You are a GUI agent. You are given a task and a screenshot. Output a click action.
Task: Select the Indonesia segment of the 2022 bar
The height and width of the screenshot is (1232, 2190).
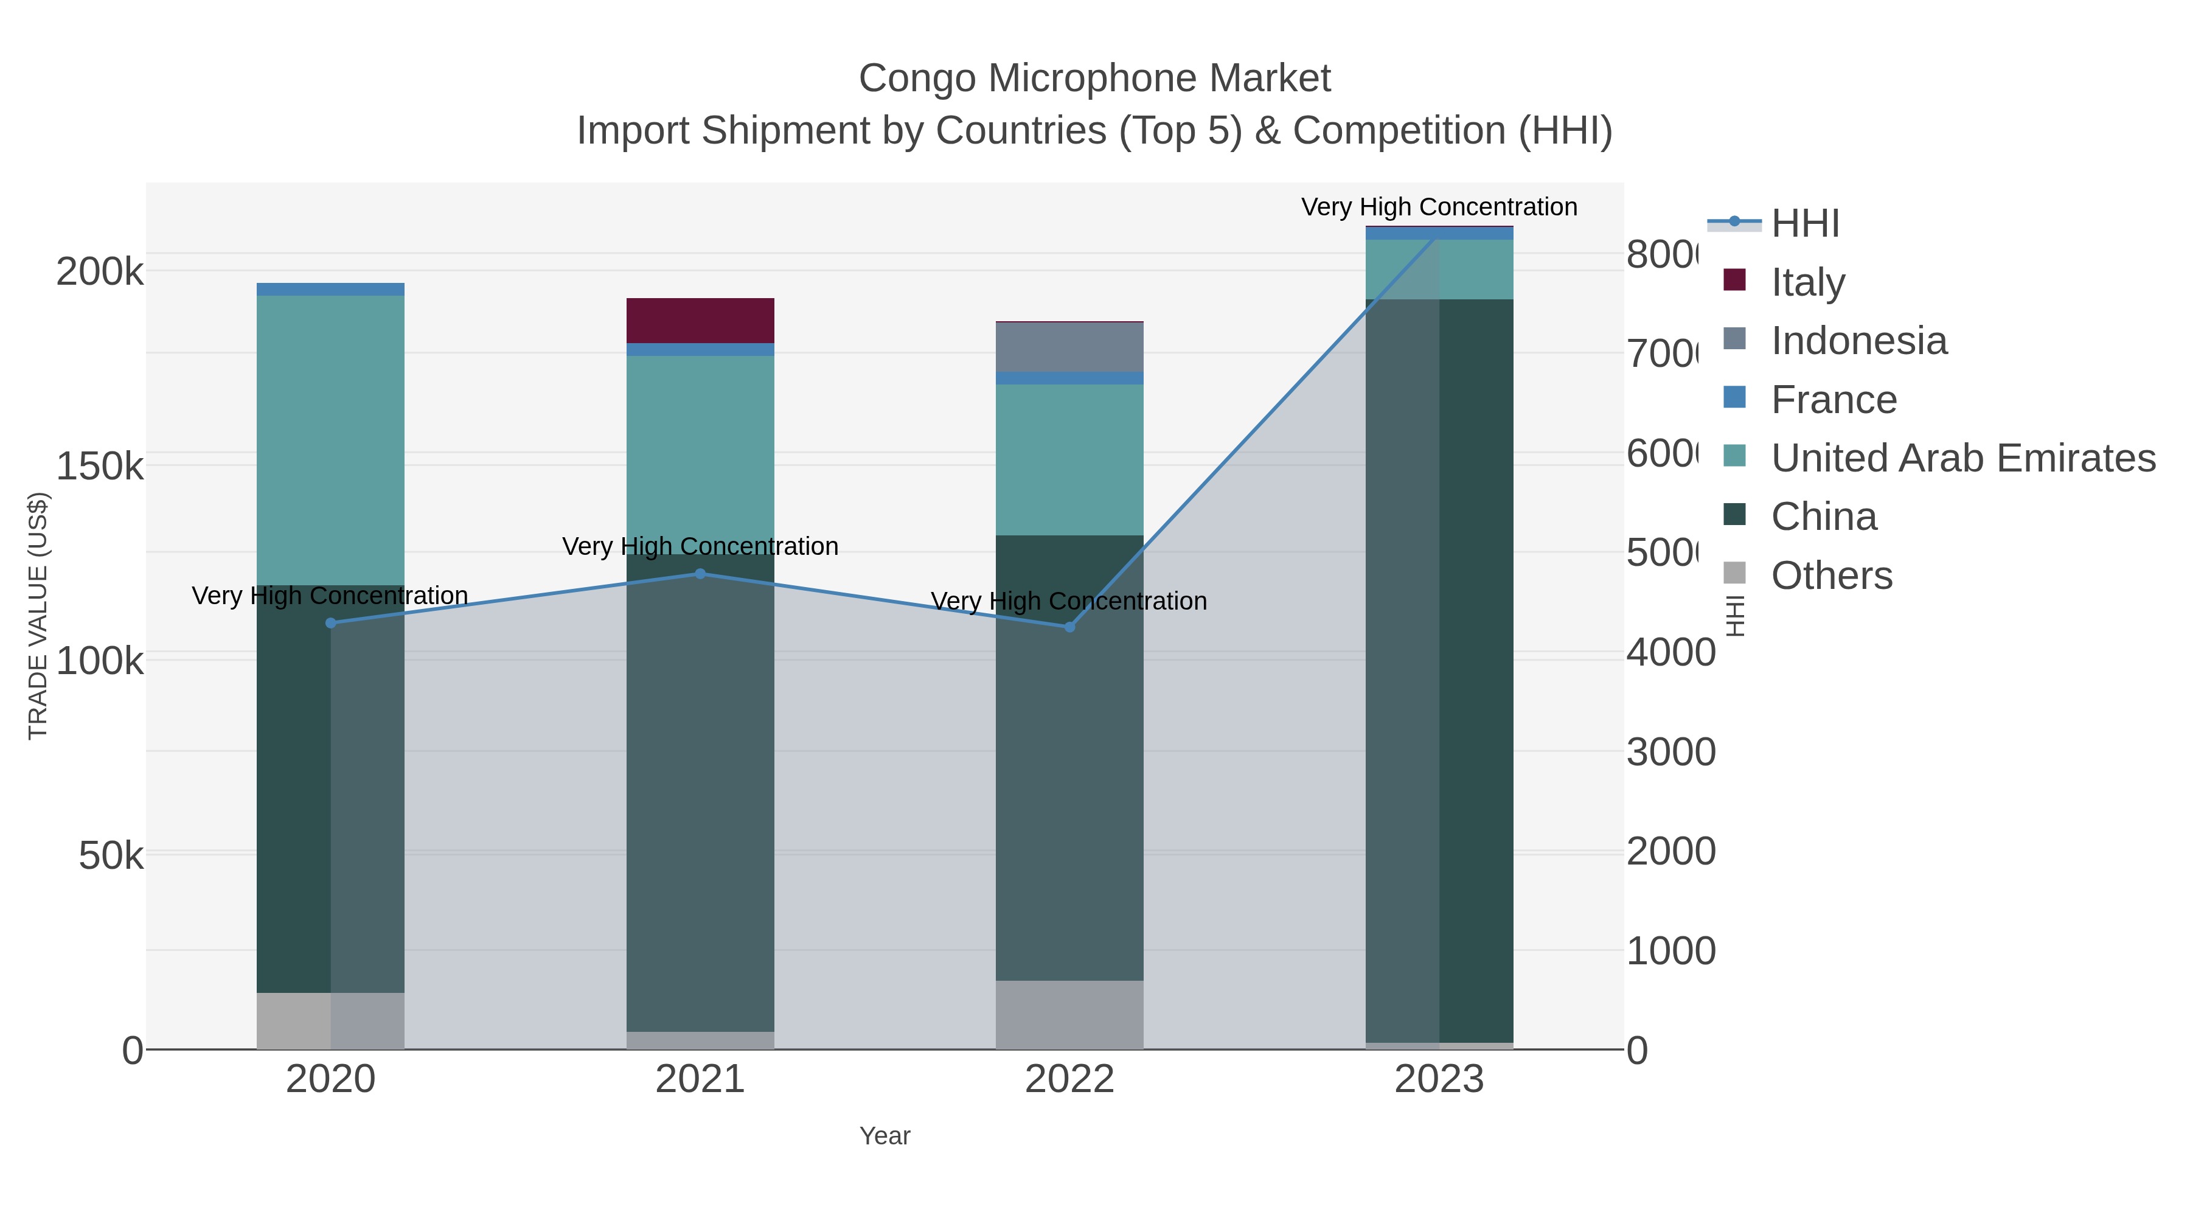pyautogui.click(x=1069, y=347)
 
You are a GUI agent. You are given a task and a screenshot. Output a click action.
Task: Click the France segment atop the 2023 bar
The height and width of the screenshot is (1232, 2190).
pyautogui.click(x=1439, y=233)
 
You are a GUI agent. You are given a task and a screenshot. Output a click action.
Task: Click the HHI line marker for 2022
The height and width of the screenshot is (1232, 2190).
pyautogui.click(x=1069, y=627)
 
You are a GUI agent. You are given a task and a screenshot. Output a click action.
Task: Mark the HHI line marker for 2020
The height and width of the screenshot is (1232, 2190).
pyautogui.click(x=331, y=623)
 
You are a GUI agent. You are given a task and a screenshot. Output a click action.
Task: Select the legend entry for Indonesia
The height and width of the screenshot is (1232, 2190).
pyautogui.click(x=1858, y=341)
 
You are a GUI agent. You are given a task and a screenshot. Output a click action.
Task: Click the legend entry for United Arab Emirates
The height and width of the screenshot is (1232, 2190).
pyautogui.click(x=1962, y=458)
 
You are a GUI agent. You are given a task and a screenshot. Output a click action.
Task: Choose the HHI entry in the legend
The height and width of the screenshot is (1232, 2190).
pyautogui.click(x=1804, y=224)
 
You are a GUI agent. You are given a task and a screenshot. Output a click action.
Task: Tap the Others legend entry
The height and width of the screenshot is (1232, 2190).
pyautogui.click(x=1830, y=576)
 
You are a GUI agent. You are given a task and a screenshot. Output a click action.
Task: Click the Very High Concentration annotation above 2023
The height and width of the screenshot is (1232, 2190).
pyautogui.click(x=1439, y=207)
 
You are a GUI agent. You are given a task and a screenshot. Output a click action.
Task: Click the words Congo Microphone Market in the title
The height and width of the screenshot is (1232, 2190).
pyautogui.click(x=1094, y=78)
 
